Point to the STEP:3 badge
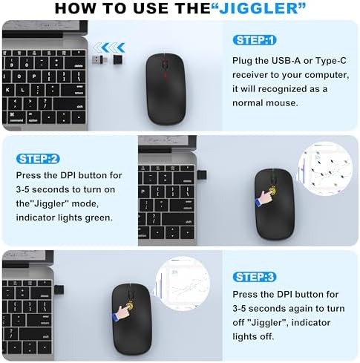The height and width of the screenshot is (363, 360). pyautogui.click(x=255, y=277)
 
